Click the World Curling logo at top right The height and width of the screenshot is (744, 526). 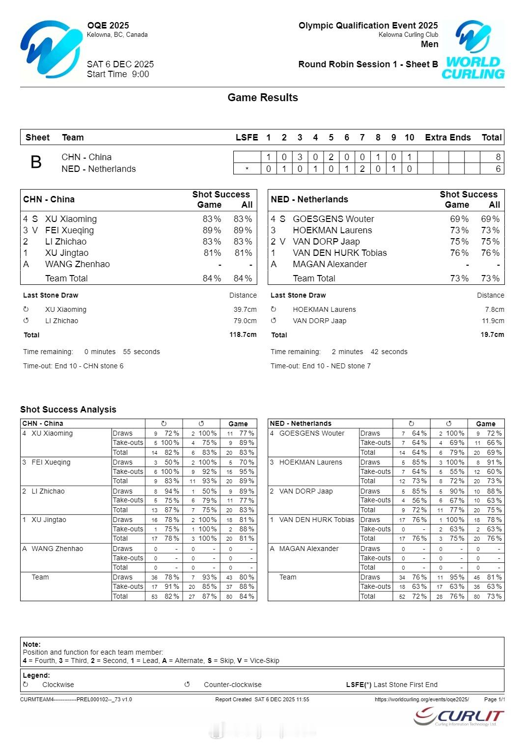(x=473, y=50)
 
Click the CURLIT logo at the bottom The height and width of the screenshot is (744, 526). (x=459, y=717)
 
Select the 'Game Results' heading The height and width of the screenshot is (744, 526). (x=263, y=98)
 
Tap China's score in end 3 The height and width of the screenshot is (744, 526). (x=300, y=157)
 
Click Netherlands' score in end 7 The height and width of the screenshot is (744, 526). (x=362, y=169)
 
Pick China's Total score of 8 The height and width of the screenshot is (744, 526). (x=498, y=157)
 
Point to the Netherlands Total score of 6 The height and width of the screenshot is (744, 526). (x=498, y=169)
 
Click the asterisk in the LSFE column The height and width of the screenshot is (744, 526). (x=247, y=169)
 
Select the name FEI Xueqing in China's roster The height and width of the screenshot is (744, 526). (x=69, y=230)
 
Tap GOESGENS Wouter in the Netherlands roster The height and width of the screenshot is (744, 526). (x=333, y=219)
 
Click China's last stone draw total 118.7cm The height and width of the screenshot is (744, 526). (x=243, y=335)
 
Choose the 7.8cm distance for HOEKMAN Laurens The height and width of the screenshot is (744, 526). (x=495, y=309)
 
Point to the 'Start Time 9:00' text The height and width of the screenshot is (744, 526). (x=118, y=74)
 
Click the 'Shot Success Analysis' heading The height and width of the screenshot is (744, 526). (x=68, y=410)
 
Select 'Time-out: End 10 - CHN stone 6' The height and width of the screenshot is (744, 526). (x=73, y=366)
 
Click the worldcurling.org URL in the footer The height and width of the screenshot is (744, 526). (x=421, y=699)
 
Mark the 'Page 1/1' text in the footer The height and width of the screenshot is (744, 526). (x=494, y=699)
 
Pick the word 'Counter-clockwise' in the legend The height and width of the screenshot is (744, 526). (x=232, y=685)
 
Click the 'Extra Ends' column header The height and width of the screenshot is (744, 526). (x=447, y=138)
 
